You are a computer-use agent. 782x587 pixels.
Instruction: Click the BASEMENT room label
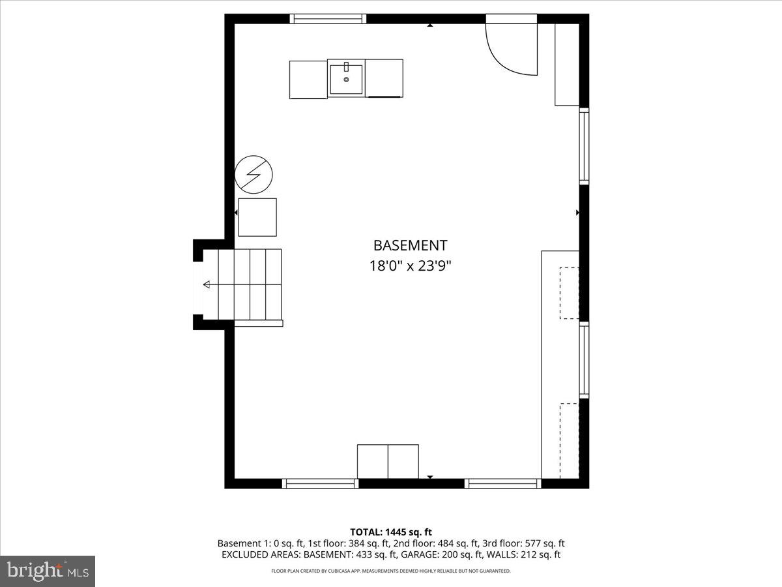(410, 245)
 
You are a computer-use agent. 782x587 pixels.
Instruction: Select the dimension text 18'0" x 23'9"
(410, 266)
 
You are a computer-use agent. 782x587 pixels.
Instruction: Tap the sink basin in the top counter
(346, 79)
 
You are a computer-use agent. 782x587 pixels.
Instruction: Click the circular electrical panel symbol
(253, 174)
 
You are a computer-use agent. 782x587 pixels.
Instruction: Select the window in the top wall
(328, 19)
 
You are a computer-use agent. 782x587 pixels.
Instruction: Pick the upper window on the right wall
(584, 146)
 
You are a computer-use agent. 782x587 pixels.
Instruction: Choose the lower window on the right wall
(584, 360)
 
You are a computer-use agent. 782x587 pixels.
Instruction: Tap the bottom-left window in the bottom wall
(320, 483)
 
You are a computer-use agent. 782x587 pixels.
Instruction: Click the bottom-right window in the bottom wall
(502, 483)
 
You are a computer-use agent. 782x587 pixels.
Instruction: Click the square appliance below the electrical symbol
(257, 217)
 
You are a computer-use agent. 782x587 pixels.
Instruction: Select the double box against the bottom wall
(388, 461)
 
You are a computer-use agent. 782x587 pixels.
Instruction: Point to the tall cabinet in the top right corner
(566, 65)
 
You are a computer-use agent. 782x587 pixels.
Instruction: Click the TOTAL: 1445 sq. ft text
(390, 532)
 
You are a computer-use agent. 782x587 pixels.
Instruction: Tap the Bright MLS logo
(48, 571)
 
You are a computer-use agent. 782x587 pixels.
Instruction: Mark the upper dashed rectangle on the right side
(569, 293)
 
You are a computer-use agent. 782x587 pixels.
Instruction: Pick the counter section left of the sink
(308, 79)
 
